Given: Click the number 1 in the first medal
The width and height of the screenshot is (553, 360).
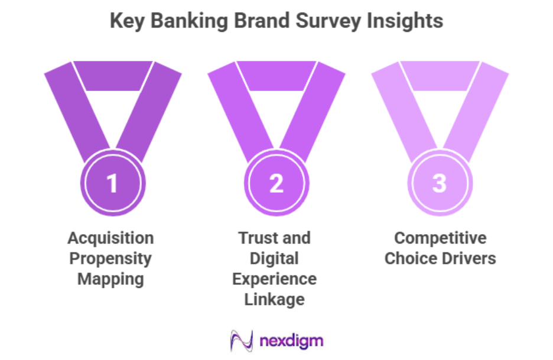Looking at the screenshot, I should coord(112,184).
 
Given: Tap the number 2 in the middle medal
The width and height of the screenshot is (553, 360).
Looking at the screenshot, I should coord(276,184).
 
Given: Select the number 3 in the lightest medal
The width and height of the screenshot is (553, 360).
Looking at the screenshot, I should coord(440,183).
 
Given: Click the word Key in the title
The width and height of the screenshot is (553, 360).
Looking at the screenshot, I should coord(125,21).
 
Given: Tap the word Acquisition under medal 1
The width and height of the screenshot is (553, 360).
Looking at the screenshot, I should coord(110,238).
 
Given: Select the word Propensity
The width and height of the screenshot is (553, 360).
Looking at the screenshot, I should coord(110,258).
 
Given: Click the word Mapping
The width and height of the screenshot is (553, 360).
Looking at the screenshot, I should coord(110,278).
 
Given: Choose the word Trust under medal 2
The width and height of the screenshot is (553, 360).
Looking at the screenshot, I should coord(255,238).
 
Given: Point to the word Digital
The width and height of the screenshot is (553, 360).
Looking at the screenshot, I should coord(274,258).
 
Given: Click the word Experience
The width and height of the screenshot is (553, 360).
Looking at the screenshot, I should coord(274,278).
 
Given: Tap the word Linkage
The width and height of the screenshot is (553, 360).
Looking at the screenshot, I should coord(274,299).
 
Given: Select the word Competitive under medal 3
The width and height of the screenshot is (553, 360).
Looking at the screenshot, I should coord(440,238).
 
